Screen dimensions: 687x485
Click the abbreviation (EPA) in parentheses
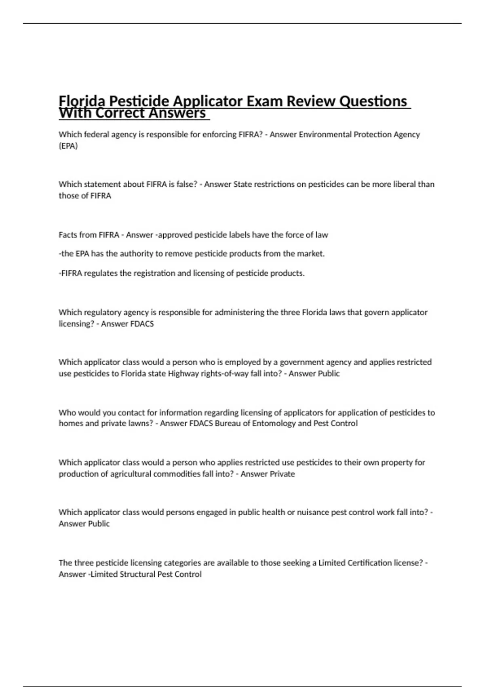pyautogui.click(x=68, y=146)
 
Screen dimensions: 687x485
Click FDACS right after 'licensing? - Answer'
pyautogui.click(x=142, y=324)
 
